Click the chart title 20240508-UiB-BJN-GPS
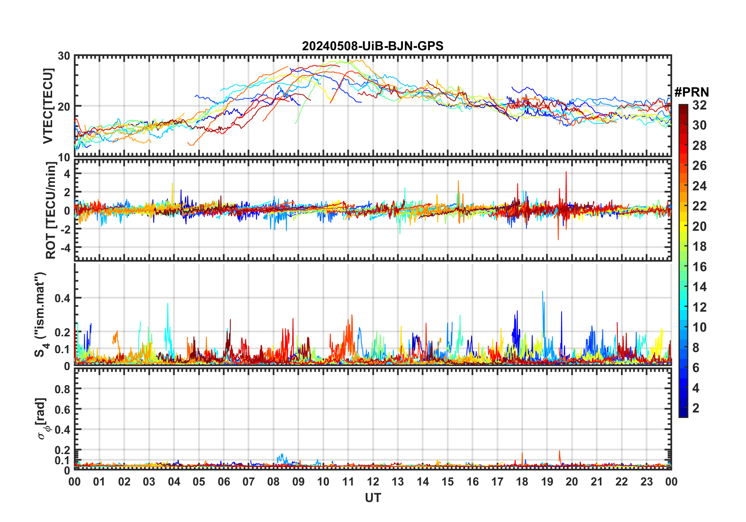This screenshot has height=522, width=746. click(373, 46)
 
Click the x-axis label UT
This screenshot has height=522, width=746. click(373, 498)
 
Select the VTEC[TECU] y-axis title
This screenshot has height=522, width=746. click(48, 106)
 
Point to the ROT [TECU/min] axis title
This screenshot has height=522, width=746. click(51, 210)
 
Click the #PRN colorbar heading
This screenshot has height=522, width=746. click(691, 92)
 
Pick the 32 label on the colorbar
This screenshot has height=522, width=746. click(699, 105)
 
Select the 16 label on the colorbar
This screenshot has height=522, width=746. click(699, 267)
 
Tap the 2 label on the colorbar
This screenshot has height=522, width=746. click(696, 408)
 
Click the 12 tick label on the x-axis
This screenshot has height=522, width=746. click(373, 482)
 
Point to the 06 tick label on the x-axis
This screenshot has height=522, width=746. click(224, 482)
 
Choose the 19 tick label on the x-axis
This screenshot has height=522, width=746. click(547, 482)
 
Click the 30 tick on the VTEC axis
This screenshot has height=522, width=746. click(64, 56)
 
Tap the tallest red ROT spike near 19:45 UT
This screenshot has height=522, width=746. click(566, 172)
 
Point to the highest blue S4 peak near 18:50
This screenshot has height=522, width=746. click(542, 292)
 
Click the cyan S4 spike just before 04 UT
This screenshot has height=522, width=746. click(168, 304)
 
